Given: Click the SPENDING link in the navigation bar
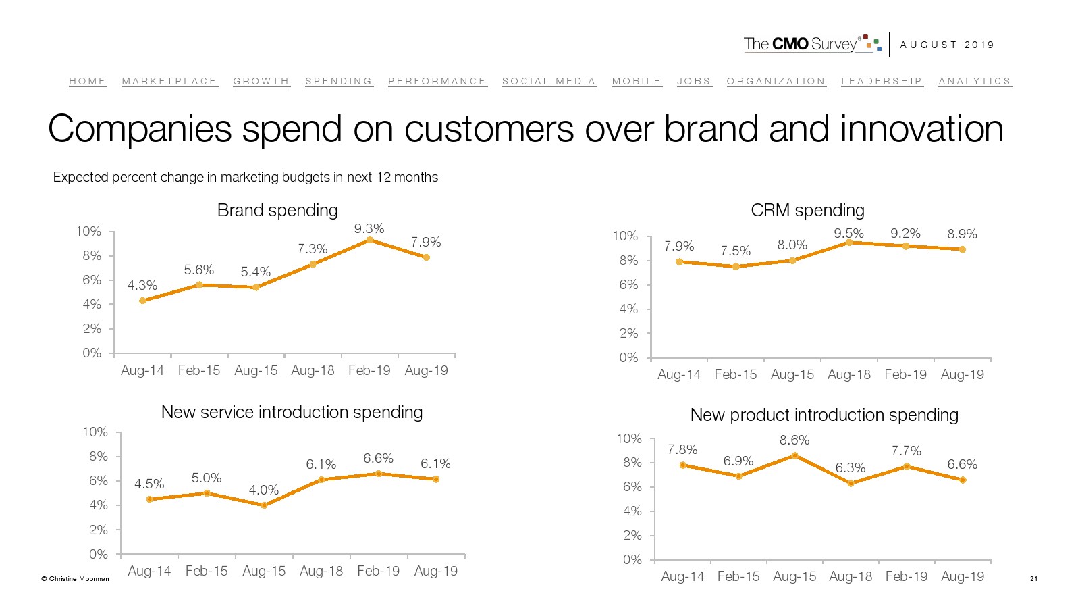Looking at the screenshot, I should pyautogui.click(x=339, y=81).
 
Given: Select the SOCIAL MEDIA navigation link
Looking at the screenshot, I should pyautogui.click(x=549, y=81).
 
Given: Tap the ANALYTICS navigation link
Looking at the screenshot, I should pyautogui.click(x=975, y=81).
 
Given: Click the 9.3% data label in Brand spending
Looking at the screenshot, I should pyautogui.click(x=369, y=229).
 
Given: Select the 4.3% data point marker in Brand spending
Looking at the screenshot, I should pyautogui.click(x=142, y=301).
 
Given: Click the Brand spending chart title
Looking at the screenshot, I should pyautogui.click(x=277, y=210).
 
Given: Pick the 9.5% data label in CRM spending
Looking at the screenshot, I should pyautogui.click(x=848, y=233).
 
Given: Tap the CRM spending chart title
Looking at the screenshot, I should pyautogui.click(x=807, y=210).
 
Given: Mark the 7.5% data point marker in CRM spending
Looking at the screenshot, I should pyautogui.click(x=736, y=267).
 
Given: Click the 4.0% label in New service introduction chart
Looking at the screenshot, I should pyautogui.click(x=264, y=490).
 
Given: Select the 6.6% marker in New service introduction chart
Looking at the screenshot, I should pyautogui.click(x=379, y=474).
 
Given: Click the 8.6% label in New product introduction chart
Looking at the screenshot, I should pyautogui.click(x=794, y=440).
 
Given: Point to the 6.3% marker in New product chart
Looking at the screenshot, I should pyautogui.click(x=850, y=483).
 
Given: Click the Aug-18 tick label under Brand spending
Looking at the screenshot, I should pyautogui.click(x=313, y=370).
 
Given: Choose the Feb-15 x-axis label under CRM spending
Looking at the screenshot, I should pyautogui.click(x=736, y=374).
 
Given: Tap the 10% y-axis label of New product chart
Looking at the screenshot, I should pyautogui.click(x=629, y=438).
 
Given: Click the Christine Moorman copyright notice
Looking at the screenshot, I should pyautogui.click(x=76, y=578).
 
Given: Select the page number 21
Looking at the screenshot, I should pyautogui.click(x=1033, y=578).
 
